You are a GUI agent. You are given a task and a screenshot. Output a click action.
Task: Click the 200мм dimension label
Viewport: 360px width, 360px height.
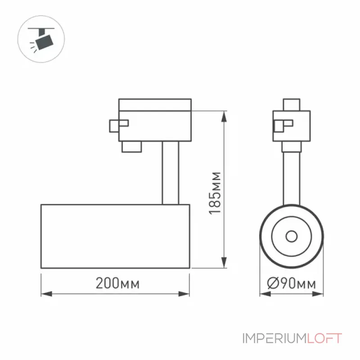coord(117,283)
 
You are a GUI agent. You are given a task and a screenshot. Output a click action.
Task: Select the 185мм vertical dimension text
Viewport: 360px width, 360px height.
coord(215,193)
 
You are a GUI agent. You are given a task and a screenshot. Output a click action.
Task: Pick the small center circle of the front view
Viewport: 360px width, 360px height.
coord(292,236)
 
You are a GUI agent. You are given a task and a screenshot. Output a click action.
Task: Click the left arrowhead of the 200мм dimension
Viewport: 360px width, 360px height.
coord(46,294)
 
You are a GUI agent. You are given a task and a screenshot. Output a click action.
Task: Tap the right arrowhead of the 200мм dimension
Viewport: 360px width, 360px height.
coord(184,294)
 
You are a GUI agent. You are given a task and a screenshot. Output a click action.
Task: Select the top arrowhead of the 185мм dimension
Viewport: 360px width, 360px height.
coord(224,117)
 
